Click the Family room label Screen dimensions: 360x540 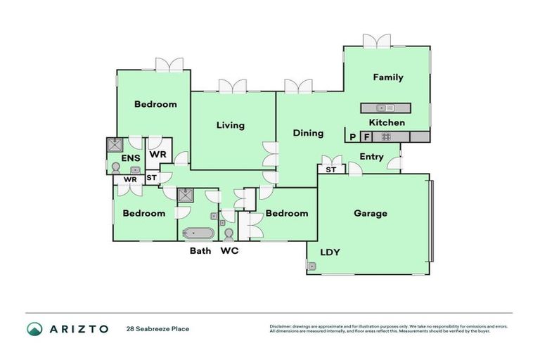(388, 77)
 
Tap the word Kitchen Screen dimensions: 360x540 (387, 122)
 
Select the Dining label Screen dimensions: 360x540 (308, 133)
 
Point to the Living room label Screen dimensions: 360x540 (231, 125)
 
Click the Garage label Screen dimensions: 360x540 (371, 213)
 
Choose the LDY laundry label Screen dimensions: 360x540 (330, 252)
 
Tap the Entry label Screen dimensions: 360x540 (371, 157)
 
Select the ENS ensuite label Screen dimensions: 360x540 (131, 158)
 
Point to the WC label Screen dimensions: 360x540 (230, 250)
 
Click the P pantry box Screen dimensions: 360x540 (352, 137)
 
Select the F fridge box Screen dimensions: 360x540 (366, 137)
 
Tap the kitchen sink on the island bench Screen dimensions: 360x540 (385, 108)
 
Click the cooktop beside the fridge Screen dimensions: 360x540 (385, 137)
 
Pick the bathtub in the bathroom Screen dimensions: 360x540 (198, 233)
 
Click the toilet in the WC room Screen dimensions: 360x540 (229, 233)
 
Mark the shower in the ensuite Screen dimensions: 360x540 (113, 145)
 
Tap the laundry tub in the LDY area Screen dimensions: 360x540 (311, 266)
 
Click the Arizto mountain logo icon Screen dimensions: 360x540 (34, 328)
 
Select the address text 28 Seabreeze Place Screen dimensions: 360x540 (157, 328)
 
